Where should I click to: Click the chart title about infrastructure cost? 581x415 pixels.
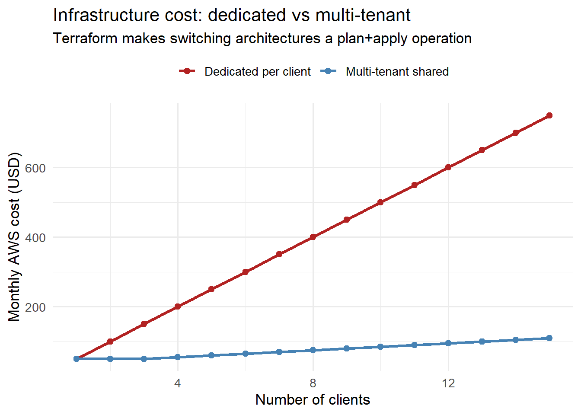tap(232, 16)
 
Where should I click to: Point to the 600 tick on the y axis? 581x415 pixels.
tap(35, 168)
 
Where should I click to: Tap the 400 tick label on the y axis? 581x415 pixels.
tap(35, 238)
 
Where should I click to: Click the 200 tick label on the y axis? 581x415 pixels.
tap(35, 307)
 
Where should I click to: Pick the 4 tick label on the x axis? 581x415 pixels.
tap(178, 383)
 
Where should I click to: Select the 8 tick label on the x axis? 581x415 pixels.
tap(313, 383)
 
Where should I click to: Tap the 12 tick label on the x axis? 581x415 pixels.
tap(448, 383)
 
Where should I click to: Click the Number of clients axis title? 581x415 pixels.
tap(313, 400)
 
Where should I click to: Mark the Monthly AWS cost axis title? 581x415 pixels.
tap(14, 237)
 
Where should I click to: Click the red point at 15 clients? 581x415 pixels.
tap(549, 115)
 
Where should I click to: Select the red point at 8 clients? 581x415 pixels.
tap(313, 237)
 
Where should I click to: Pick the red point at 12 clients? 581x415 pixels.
tap(448, 167)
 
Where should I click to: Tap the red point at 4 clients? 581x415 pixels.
tap(178, 306)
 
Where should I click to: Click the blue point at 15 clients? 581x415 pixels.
tap(549, 338)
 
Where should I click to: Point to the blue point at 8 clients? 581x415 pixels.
tap(313, 350)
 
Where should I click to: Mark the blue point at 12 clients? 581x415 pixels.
tap(448, 343)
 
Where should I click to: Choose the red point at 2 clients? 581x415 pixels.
tap(110, 342)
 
